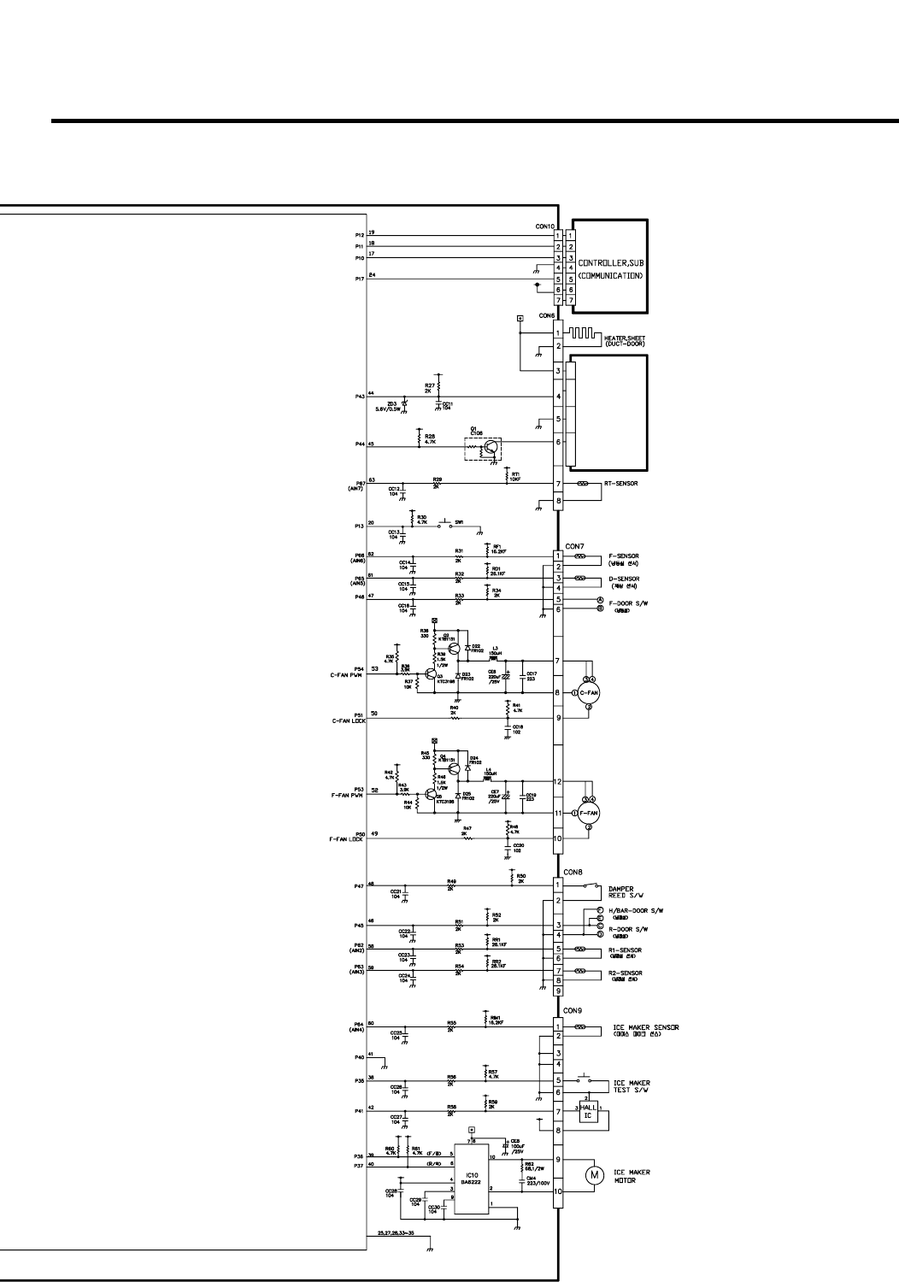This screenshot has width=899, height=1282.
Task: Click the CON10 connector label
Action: pos(544,226)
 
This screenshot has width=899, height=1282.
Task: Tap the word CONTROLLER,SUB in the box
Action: pos(609,263)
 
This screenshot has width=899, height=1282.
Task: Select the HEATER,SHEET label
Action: pos(625,338)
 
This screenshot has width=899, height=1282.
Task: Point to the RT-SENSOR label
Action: pos(622,484)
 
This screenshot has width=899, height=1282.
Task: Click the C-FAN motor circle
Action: pos(589,692)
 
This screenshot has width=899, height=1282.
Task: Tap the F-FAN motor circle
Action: pos(589,812)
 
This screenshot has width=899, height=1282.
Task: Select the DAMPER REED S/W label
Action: pos(620,892)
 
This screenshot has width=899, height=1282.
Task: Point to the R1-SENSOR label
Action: pos(625,950)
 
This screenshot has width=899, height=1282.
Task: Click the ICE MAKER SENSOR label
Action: pos(645,1027)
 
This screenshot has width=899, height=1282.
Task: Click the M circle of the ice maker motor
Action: pos(594,1175)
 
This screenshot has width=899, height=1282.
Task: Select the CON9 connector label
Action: pos(573,1010)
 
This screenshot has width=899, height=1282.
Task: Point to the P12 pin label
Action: pos(359,235)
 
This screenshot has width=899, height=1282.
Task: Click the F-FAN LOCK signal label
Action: pos(347,839)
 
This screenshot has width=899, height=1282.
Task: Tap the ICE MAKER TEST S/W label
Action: pos(631,1087)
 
